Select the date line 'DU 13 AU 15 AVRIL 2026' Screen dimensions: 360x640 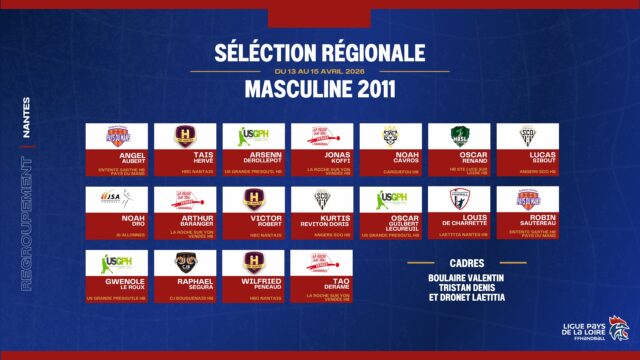[x=319, y=71]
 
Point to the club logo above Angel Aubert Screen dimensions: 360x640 [x=116, y=136]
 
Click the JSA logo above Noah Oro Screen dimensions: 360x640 [x=116, y=200]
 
